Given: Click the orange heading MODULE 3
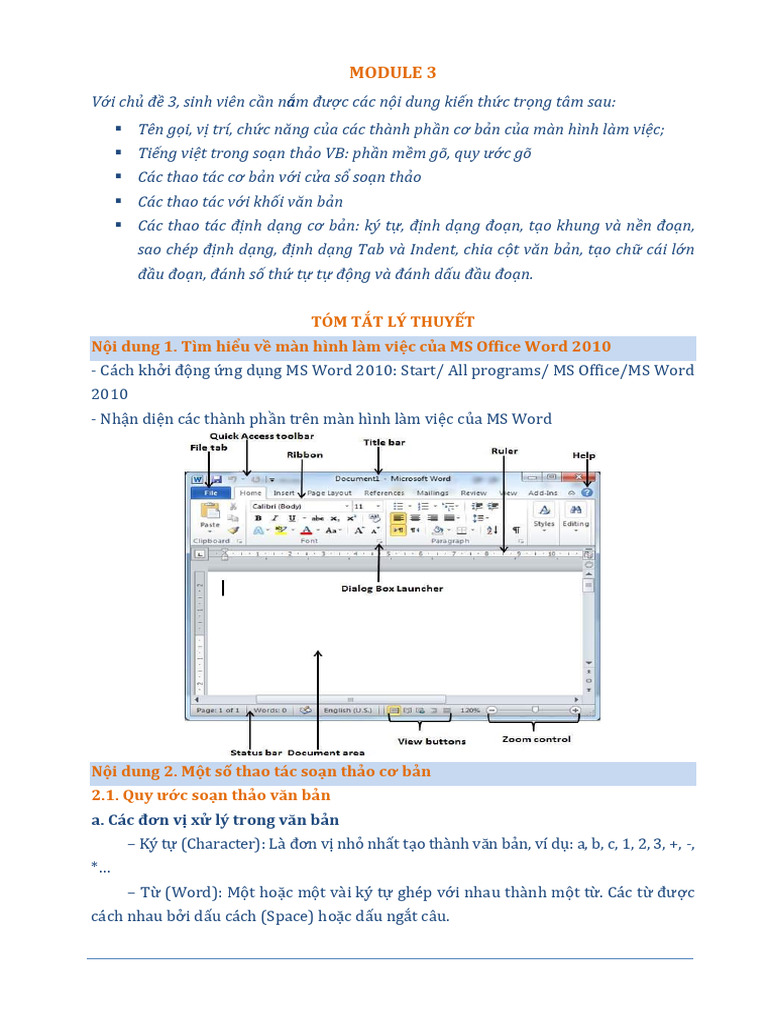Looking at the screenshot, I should click(392, 72).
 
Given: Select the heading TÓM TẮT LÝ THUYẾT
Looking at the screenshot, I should click(392, 321).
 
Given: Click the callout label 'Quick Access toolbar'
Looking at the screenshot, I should click(262, 437).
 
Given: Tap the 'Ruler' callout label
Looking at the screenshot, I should click(504, 451).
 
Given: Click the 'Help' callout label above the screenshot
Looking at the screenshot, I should click(583, 455).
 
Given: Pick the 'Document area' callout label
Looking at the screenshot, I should click(327, 752).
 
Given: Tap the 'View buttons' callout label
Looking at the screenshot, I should click(431, 741).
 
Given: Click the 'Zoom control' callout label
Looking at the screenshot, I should click(536, 739).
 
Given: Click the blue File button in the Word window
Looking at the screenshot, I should click(211, 493).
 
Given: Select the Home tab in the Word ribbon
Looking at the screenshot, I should click(250, 493).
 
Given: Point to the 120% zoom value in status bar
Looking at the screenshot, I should click(470, 710).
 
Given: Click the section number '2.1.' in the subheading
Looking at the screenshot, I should click(105, 796).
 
